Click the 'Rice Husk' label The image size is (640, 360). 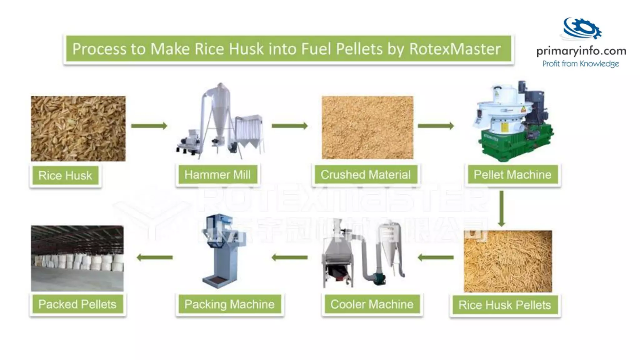pyautogui.click(x=65, y=175)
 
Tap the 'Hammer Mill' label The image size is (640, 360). pyautogui.click(x=217, y=174)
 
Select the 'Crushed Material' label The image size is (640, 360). pyautogui.click(x=366, y=174)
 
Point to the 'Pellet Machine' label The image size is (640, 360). pyautogui.click(x=512, y=174)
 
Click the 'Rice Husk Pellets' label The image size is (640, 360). pyautogui.click(x=505, y=305)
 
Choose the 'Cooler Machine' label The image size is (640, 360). pyautogui.click(x=372, y=304)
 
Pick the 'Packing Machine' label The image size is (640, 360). pyautogui.click(x=229, y=304)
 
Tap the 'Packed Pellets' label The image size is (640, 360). pyautogui.click(x=77, y=304)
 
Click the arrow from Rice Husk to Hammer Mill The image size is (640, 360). pyautogui.click(x=149, y=126)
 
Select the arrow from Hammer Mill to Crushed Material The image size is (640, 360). pyautogui.click(x=289, y=126)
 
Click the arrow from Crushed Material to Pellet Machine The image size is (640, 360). pyautogui.click(x=436, y=126)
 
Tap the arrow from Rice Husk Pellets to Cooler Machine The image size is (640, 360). pyautogui.click(x=436, y=257)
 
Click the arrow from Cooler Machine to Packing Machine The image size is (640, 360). pyautogui.click(x=289, y=257)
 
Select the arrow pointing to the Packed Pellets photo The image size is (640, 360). pyautogui.click(x=155, y=257)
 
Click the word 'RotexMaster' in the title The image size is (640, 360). pyautogui.click(x=455, y=49)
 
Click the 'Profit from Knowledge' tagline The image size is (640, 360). pyautogui.click(x=581, y=64)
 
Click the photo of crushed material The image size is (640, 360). pyautogui.click(x=367, y=127)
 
